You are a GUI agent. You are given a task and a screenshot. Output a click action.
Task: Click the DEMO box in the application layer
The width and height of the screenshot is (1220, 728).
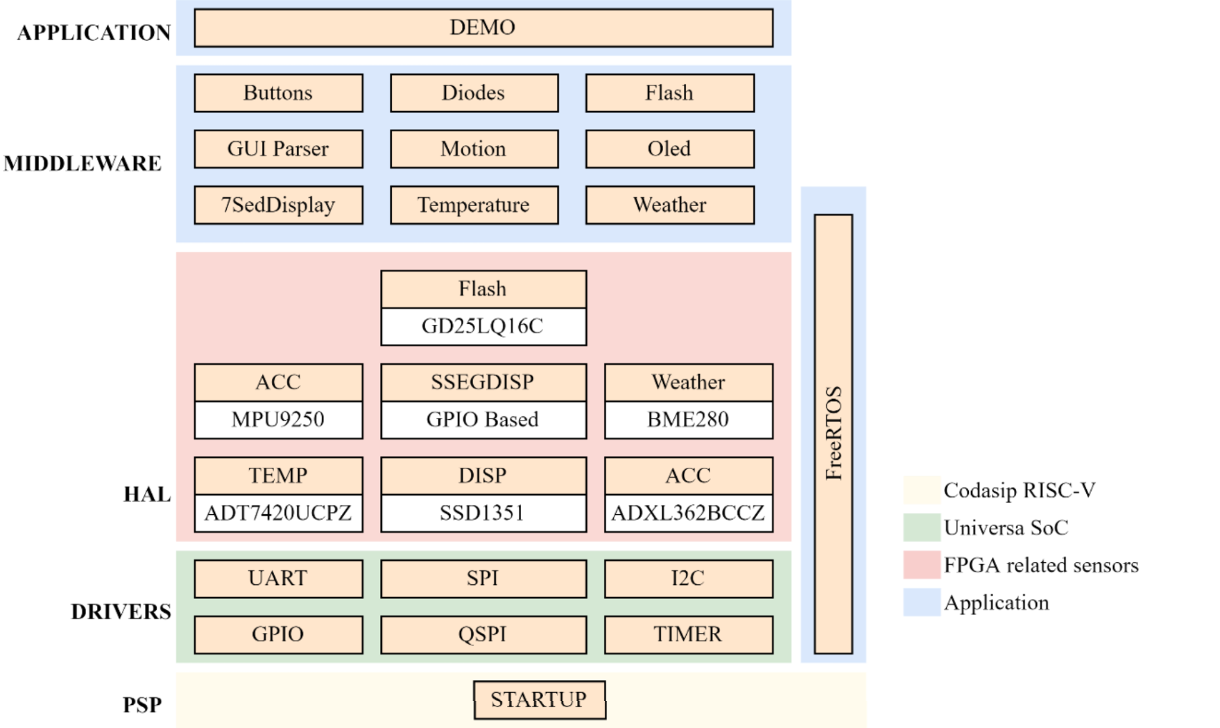[483, 28]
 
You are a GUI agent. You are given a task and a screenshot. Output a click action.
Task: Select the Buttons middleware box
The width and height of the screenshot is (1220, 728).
[278, 93]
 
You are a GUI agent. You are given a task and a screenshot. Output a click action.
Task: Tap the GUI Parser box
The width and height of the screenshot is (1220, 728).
[278, 149]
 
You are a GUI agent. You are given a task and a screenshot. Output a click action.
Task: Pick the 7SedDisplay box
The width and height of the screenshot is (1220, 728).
[278, 205]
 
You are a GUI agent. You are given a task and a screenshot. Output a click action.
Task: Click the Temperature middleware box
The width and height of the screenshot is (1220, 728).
[474, 205]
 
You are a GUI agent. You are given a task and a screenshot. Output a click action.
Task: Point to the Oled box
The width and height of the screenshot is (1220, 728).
[669, 149]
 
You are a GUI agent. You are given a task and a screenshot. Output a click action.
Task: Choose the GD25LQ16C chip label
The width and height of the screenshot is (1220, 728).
[483, 326]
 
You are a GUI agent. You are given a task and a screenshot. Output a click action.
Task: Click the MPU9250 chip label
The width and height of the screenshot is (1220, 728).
[278, 420]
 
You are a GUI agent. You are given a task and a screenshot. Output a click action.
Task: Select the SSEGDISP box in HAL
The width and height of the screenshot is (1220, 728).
[483, 382]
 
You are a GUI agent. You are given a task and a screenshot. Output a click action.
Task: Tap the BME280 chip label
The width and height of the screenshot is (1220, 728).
[688, 420]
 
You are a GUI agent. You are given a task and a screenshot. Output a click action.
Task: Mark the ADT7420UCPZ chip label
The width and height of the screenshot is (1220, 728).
[278, 514]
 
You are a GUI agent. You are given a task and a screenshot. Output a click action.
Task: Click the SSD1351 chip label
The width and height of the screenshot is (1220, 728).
[483, 514]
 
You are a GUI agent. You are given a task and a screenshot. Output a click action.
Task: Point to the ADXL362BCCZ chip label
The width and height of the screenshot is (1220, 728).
[688, 514]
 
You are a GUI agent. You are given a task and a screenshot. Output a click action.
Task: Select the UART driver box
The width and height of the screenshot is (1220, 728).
[278, 578]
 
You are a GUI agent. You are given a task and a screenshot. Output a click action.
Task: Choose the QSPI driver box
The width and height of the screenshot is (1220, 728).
[483, 634]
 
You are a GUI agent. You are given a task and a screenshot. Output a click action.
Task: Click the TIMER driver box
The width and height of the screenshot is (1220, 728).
[688, 634]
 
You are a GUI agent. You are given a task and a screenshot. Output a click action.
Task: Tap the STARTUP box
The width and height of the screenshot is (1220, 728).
[539, 700]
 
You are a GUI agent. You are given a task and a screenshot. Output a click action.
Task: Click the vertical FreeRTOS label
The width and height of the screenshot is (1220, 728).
[833, 434]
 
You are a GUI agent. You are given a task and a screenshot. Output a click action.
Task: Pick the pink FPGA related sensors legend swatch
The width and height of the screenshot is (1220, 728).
[921, 565]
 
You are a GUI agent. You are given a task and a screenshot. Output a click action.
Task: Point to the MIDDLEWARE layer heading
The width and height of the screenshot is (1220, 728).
[83, 164]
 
